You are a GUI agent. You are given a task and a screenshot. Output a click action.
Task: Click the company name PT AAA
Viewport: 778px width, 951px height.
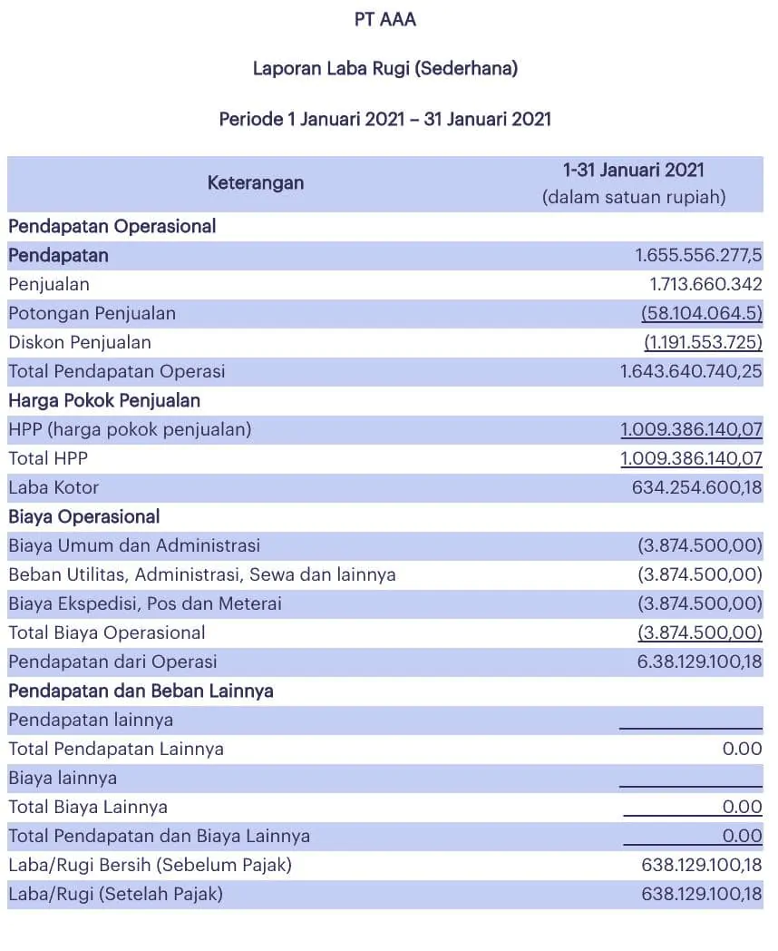(385, 19)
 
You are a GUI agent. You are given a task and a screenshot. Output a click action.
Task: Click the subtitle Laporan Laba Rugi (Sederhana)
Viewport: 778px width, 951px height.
(385, 68)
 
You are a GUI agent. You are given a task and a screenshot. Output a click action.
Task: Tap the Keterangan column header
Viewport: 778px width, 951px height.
(256, 182)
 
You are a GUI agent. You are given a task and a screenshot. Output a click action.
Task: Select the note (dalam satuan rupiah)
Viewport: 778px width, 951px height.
(634, 197)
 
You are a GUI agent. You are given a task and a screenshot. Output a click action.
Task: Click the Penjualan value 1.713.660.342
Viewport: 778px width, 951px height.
(705, 284)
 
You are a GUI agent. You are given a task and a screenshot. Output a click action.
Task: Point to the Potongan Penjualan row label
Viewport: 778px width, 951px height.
(92, 313)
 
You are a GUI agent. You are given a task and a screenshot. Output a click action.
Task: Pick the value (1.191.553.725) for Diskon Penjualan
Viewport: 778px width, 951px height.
(703, 342)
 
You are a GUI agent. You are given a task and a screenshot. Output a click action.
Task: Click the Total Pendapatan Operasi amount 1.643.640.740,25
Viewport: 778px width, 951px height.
(691, 371)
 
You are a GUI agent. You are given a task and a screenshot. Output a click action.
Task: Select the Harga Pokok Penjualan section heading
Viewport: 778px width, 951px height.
(104, 400)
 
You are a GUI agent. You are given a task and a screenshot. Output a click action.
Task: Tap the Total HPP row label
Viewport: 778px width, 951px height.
(48, 458)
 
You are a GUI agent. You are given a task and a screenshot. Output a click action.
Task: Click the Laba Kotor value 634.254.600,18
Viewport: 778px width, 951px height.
(696, 487)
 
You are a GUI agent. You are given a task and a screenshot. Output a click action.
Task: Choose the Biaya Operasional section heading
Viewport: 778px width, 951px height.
(83, 516)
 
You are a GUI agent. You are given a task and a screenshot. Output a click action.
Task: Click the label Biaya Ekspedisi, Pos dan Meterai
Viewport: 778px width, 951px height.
(145, 603)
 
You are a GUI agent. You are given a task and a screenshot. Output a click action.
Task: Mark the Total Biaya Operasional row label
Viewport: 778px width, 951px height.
(107, 632)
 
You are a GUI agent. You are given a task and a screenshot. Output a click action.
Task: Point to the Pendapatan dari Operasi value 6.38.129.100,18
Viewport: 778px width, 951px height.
(699, 662)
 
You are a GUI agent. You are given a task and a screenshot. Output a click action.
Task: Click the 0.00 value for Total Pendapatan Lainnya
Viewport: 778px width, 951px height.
(743, 749)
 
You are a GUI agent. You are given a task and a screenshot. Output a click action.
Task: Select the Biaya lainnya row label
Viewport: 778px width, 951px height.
(63, 778)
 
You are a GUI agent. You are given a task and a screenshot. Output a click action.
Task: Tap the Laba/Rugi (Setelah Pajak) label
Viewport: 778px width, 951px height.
(115, 894)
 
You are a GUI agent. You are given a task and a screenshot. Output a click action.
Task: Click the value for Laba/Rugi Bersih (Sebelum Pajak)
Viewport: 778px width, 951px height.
(701, 865)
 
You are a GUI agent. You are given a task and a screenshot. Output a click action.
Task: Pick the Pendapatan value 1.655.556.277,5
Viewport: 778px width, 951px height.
(698, 255)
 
